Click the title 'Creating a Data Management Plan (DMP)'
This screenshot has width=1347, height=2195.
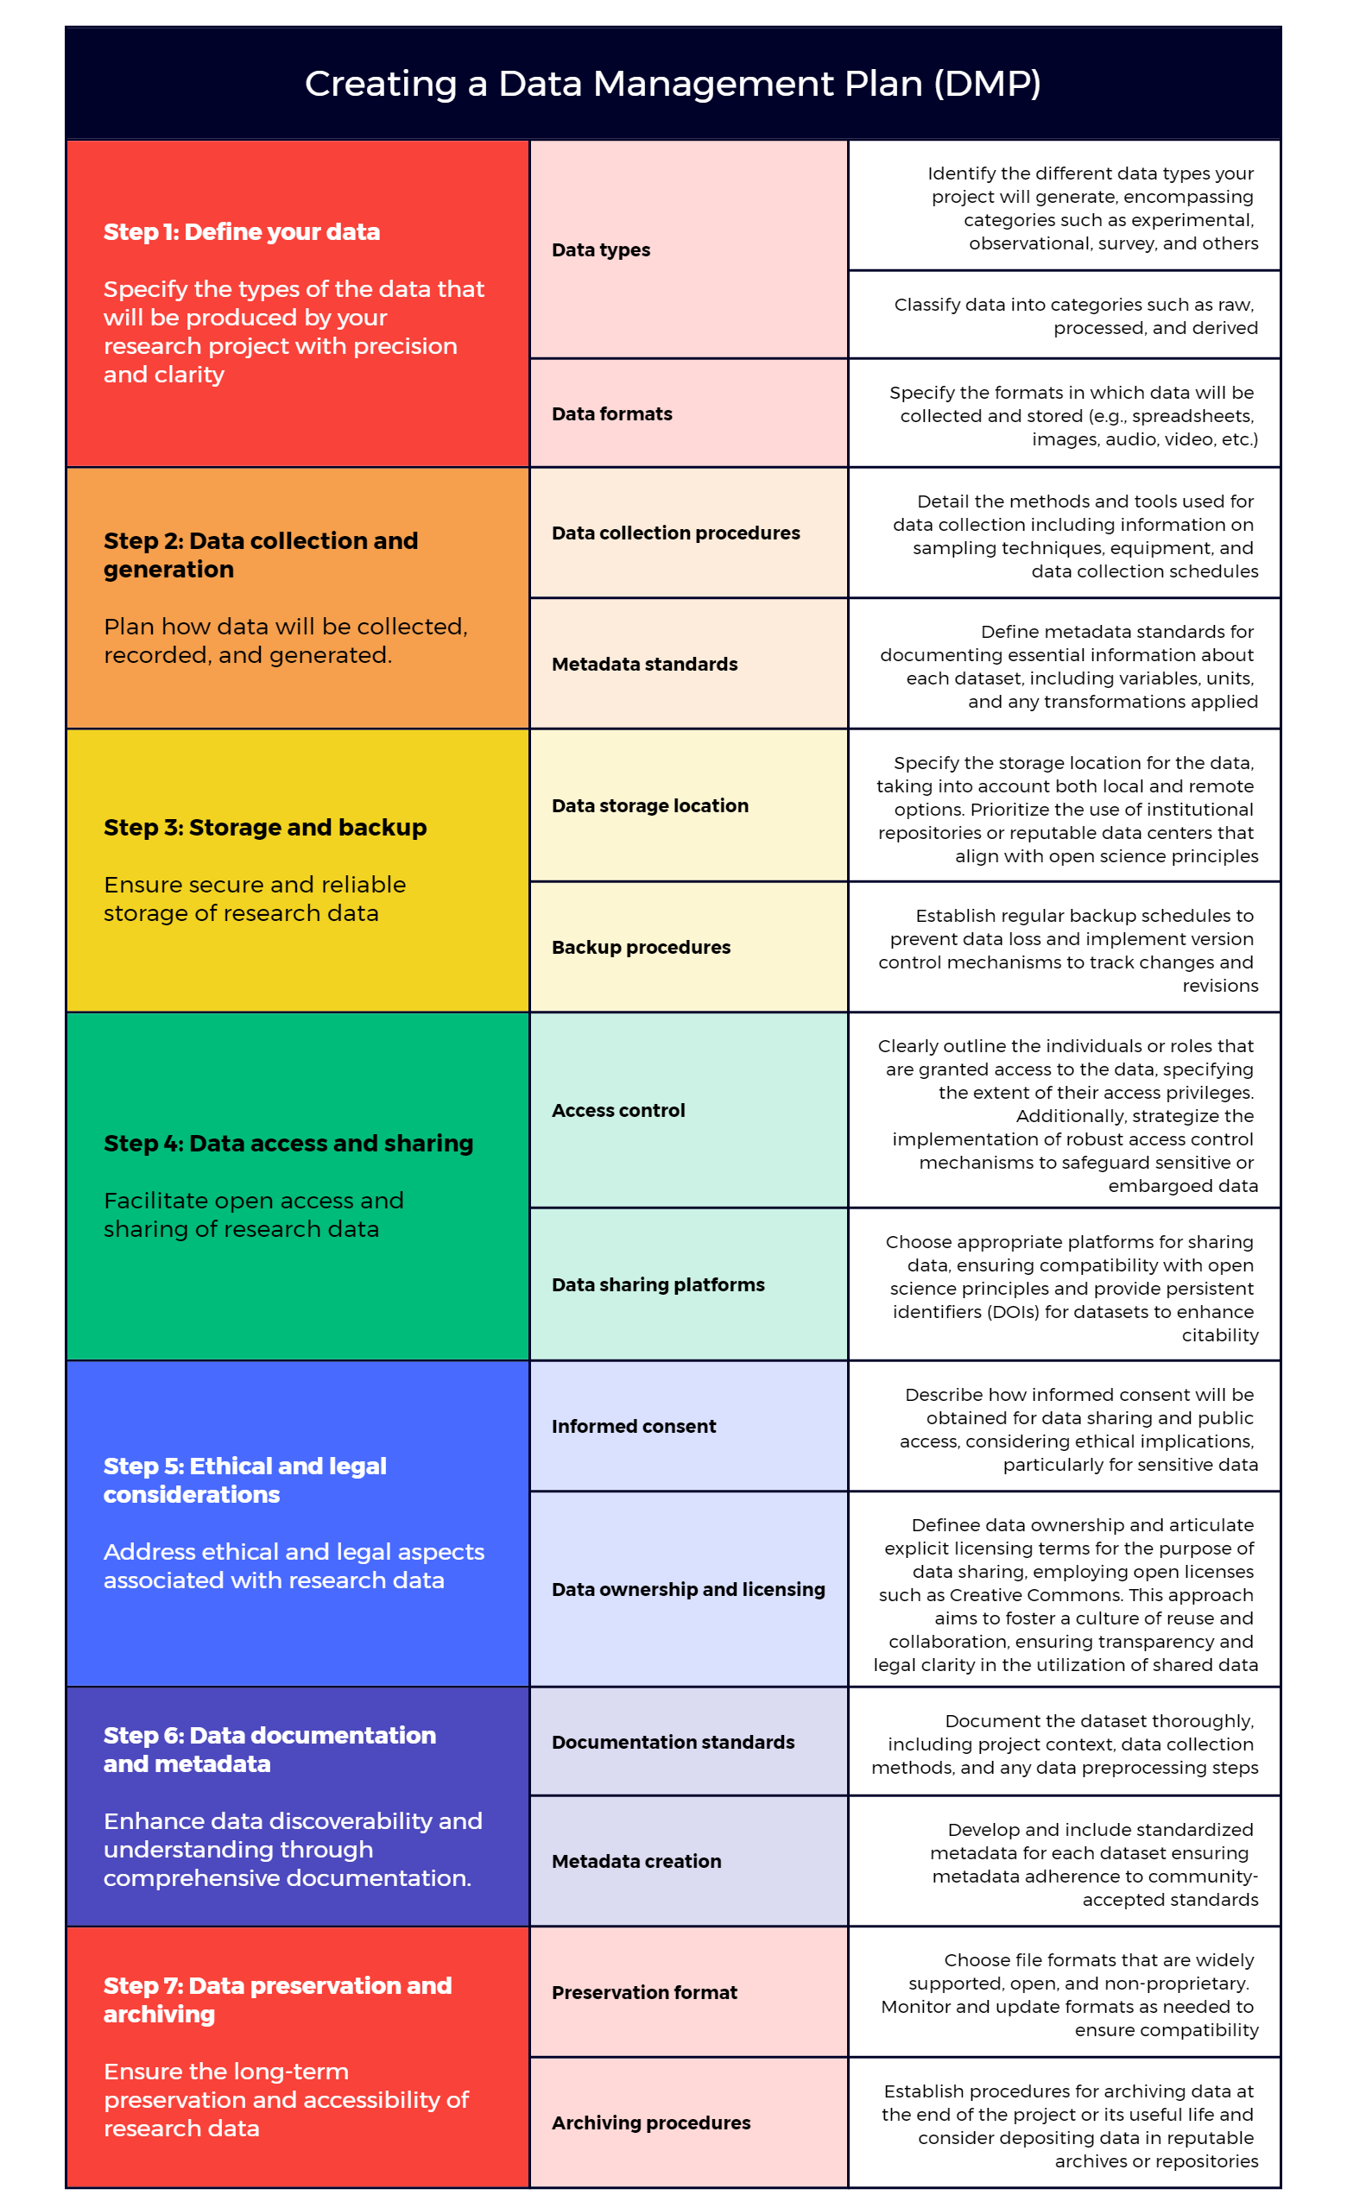(x=673, y=84)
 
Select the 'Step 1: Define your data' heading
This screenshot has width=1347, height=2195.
(x=242, y=231)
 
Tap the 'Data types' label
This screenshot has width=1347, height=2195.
(x=600, y=250)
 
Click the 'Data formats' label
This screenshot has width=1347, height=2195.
(x=611, y=414)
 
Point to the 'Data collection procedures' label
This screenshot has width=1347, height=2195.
(x=675, y=533)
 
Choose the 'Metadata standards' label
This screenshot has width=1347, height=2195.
(x=644, y=665)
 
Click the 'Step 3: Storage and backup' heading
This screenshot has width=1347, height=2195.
(x=264, y=828)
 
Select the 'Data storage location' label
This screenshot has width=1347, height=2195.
(x=649, y=806)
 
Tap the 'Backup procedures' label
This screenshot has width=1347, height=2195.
(x=641, y=948)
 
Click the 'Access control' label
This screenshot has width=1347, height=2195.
(x=618, y=1111)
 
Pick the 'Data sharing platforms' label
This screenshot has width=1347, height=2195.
(x=657, y=1284)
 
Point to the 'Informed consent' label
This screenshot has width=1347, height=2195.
(x=634, y=1426)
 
